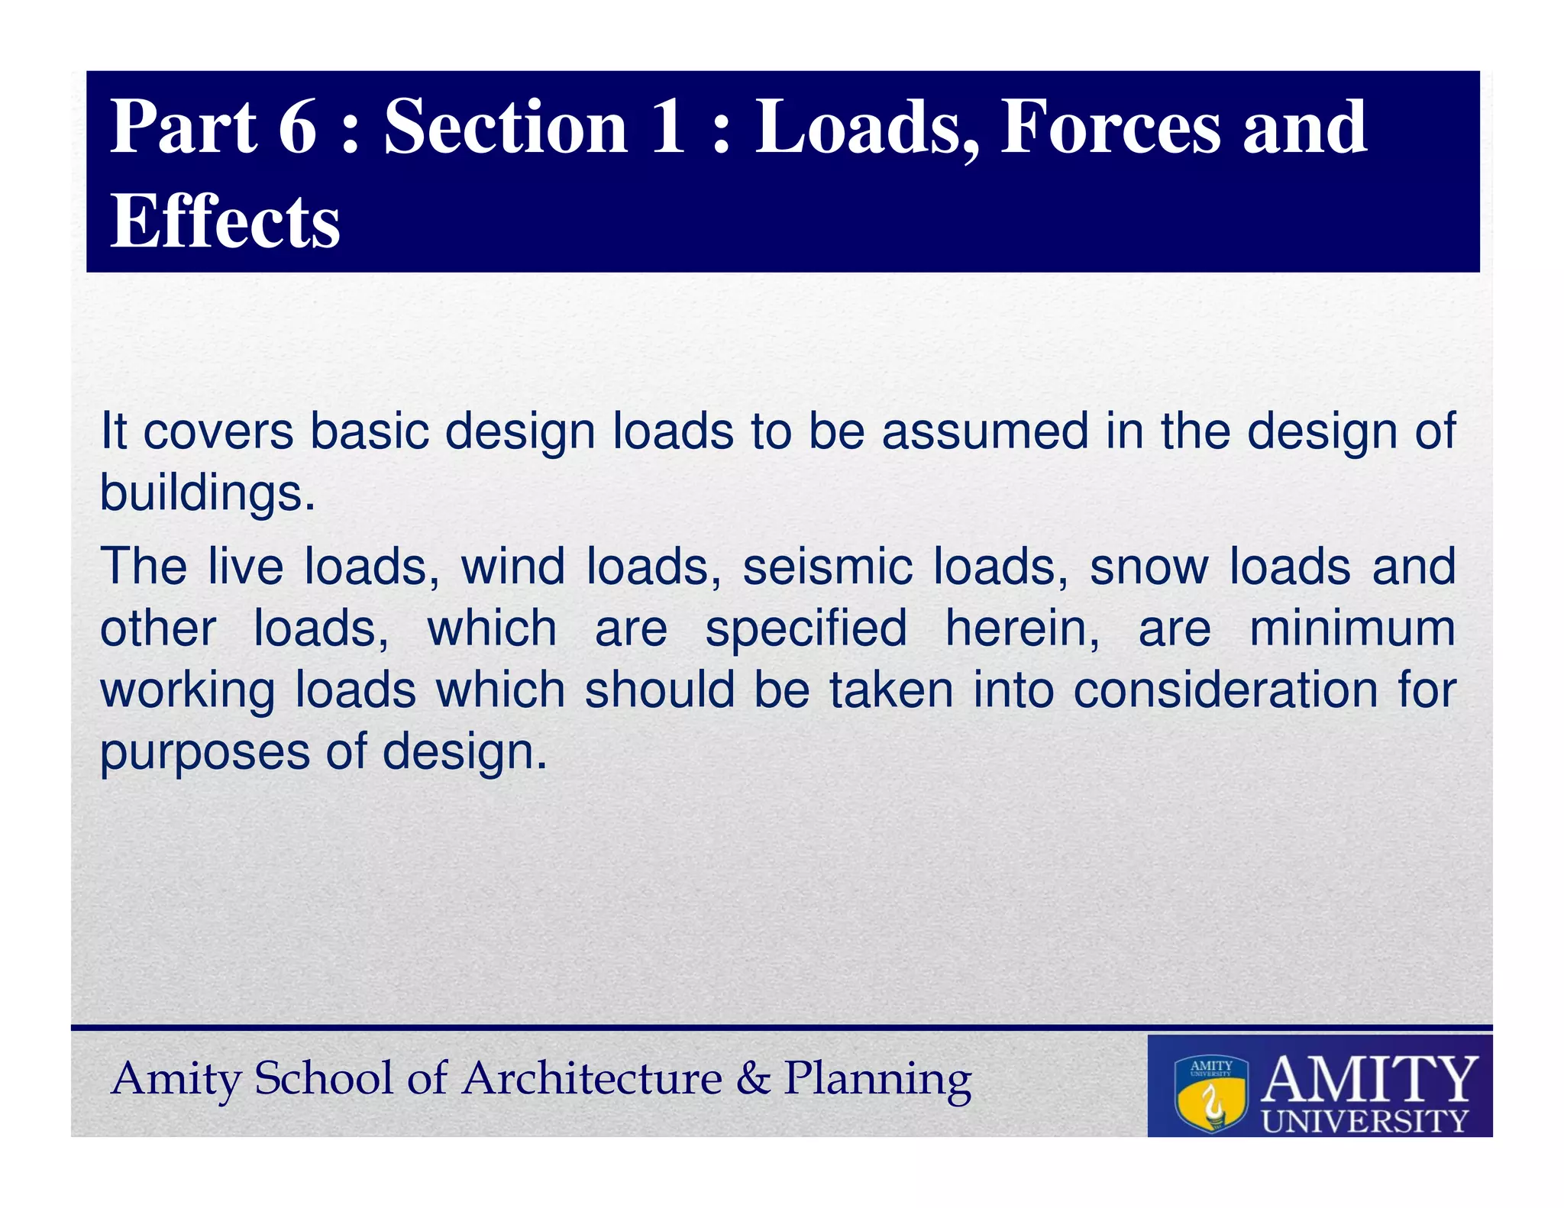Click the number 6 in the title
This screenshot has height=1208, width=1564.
pos(297,127)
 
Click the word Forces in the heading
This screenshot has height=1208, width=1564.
pos(1110,127)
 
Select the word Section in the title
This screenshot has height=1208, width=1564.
pos(506,127)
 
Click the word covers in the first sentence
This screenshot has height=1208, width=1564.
pos(218,432)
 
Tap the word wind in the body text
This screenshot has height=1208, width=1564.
pos(512,567)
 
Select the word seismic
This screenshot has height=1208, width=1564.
pos(827,567)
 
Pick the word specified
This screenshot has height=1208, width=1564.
pos(806,629)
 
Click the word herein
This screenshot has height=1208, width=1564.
pos(1022,629)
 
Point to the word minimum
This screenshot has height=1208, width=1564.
pos(1352,629)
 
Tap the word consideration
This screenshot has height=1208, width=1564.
pos(1225,690)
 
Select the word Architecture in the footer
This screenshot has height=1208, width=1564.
pos(592,1079)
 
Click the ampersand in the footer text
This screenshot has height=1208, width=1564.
pos(753,1079)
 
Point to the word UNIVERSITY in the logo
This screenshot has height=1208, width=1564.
pos(1365,1122)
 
